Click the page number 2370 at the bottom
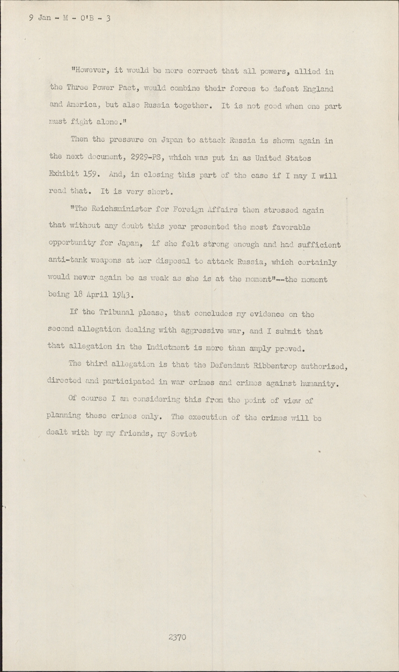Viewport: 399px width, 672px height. point(177,637)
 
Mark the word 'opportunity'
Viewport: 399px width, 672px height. point(71,245)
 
